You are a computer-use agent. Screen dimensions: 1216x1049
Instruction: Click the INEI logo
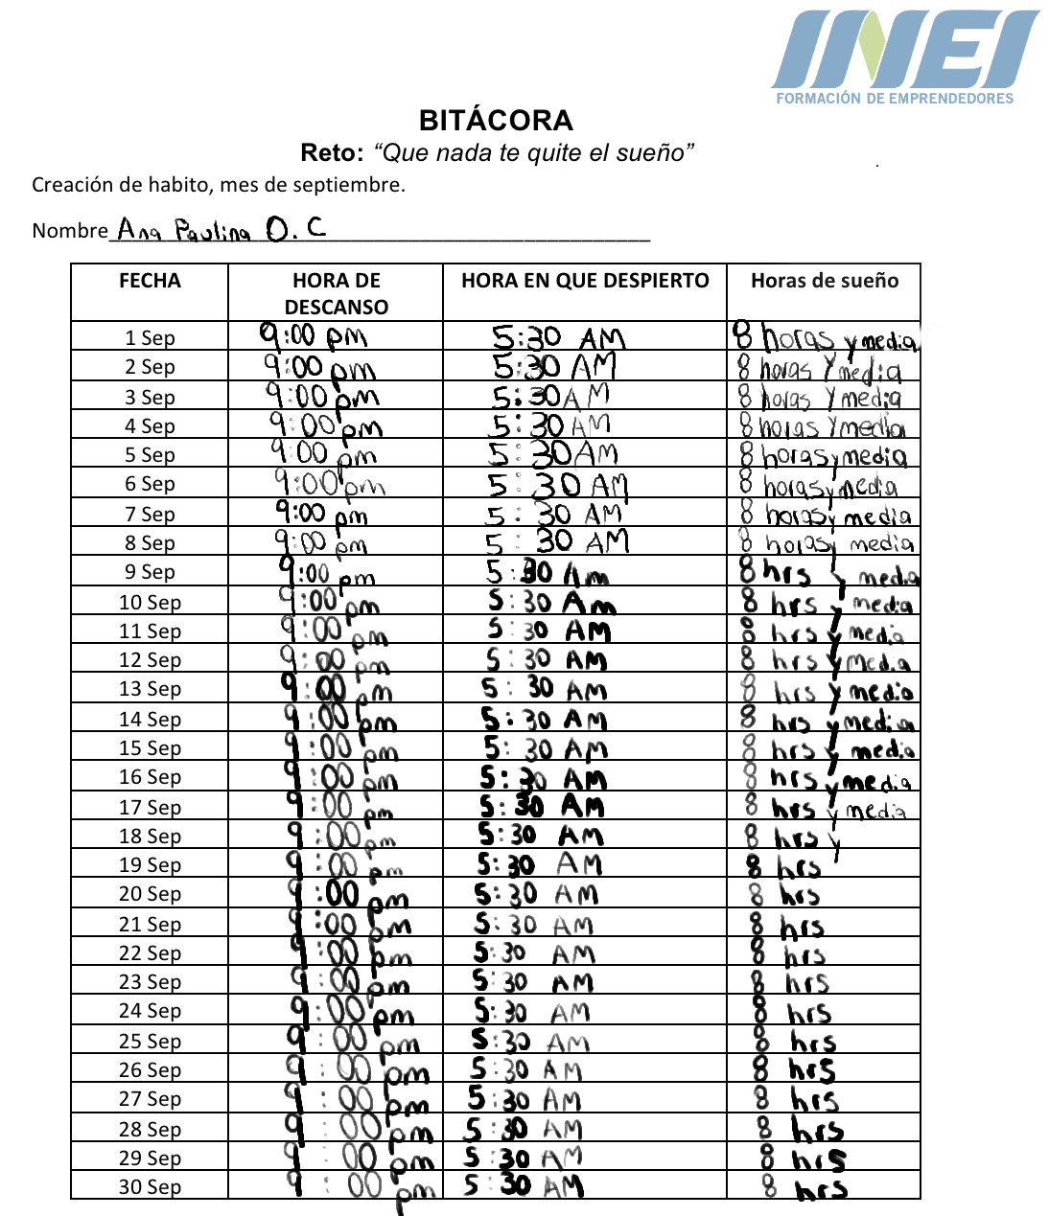(x=905, y=50)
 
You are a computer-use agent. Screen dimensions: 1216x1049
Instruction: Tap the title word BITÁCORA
(x=496, y=120)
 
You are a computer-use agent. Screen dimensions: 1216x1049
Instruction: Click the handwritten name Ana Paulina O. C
(x=221, y=230)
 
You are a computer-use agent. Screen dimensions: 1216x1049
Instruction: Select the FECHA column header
(x=150, y=281)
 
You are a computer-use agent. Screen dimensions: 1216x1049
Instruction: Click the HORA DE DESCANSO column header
(x=336, y=293)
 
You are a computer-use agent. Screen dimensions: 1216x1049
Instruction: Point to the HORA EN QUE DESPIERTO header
(x=585, y=281)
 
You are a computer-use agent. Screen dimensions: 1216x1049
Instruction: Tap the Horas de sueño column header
(x=825, y=281)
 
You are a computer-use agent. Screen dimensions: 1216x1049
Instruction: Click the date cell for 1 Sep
(x=150, y=337)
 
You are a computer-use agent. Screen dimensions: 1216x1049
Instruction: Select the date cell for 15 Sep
(x=150, y=747)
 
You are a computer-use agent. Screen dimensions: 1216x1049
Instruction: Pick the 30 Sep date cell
(x=150, y=1186)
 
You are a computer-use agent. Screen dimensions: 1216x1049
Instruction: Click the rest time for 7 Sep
(x=321, y=514)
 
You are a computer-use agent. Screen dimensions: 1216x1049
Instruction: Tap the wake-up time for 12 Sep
(x=546, y=659)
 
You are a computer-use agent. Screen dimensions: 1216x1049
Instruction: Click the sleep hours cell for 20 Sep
(x=786, y=895)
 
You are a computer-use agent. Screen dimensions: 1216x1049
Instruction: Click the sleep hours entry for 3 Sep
(x=820, y=397)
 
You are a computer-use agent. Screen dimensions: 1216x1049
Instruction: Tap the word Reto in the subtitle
(x=330, y=152)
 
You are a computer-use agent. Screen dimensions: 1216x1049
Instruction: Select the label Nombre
(x=69, y=231)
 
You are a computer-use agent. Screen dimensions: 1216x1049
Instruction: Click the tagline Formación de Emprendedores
(x=894, y=98)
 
